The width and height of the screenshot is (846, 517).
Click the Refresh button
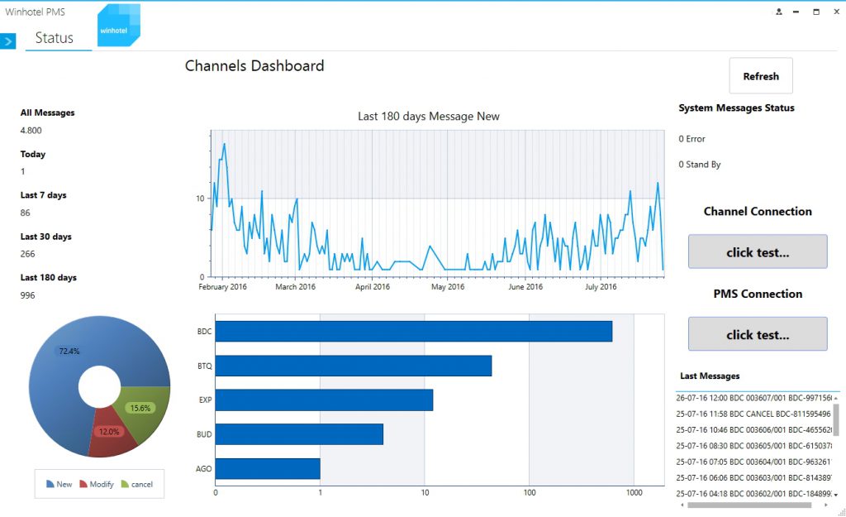pyautogui.click(x=761, y=75)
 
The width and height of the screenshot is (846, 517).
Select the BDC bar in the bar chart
pyautogui.click(x=414, y=331)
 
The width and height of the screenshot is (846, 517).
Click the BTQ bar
pyautogui.click(x=354, y=366)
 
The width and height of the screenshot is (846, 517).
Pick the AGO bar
pyautogui.click(x=268, y=468)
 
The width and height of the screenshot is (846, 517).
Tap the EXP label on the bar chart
pyautogui.click(x=205, y=400)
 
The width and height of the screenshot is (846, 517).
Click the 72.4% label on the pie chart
pyautogui.click(x=69, y=352)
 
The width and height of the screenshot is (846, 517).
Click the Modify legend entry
pyautogui.click(x=97, y=484)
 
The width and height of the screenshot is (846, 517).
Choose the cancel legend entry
pyautogui.click(x=137, y=484)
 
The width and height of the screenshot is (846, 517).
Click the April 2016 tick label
pyautogui.click(x=373, y=286)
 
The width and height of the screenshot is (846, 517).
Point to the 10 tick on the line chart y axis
pyautogui.click(x=200, y=199)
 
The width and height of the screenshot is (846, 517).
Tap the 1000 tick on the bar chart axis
pyautogui.click(x=634, y=492)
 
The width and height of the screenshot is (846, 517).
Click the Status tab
pyautogui.click(x=54, y=38)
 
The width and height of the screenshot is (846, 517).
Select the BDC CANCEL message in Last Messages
pyautogui.click(x=753, y=414)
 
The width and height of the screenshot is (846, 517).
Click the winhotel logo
pyautogui.click(x=118, y=25)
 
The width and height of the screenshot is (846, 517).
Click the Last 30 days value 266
pyautogui.click(x=27, y=254)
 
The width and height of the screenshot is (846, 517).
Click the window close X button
pyautogui.click(x=836, y=12)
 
